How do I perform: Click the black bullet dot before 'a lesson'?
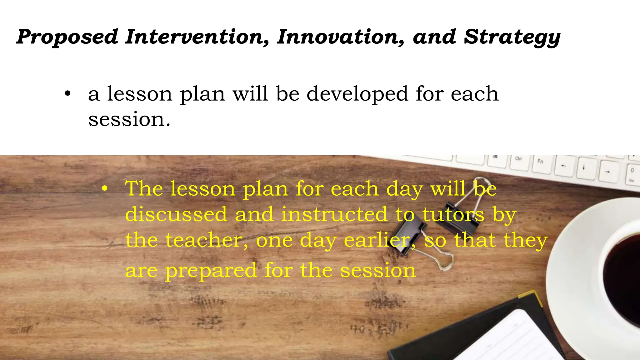67,94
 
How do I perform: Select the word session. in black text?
129,120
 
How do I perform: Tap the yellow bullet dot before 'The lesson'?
105,188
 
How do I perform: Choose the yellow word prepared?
211,271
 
